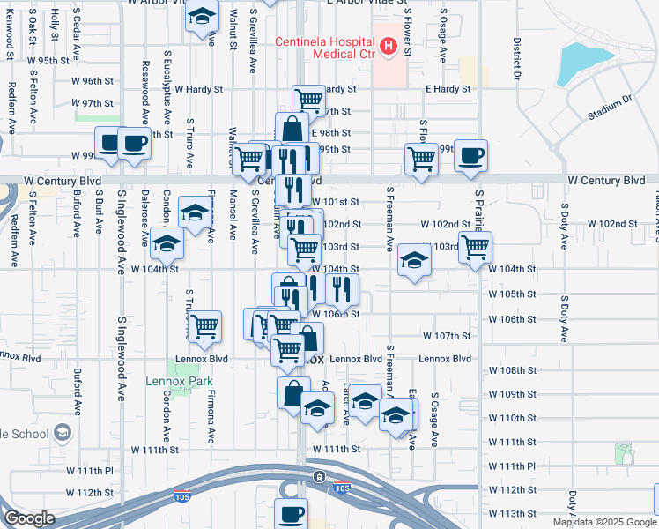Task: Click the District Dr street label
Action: pos(518,58)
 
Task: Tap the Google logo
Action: pos(29,518)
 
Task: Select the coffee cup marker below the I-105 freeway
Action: pos(291,512)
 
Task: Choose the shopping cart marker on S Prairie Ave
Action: pos(475,246)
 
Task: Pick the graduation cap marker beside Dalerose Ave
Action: pos(164,242)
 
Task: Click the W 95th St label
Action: pos(48,61)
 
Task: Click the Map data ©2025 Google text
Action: pos(604,522)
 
